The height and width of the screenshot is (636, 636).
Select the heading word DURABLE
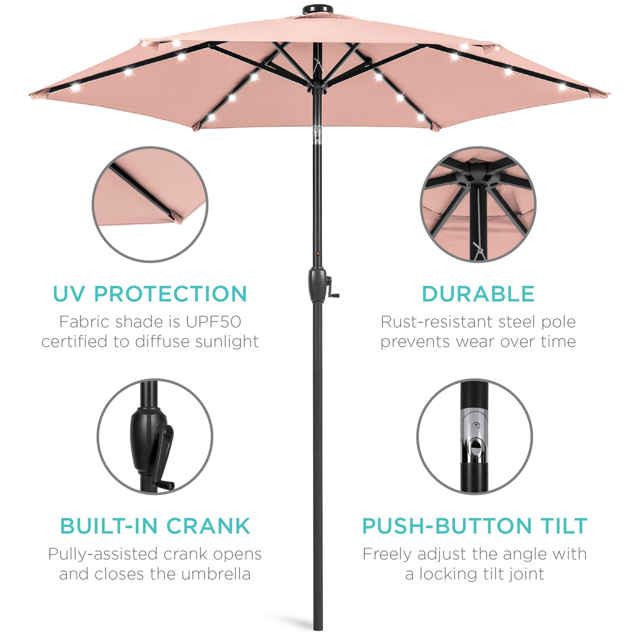(x=478, y=294)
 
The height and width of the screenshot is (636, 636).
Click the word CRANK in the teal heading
(x=208, y=526)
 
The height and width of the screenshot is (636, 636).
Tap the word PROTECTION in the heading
(x=170, y=294)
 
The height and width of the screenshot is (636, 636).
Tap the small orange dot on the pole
(x=318, y=254)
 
